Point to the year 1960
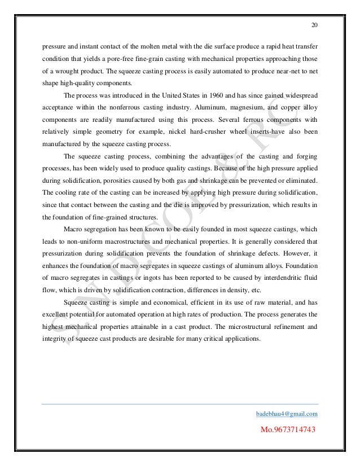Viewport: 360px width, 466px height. pyautogui.click(x=200, y=95)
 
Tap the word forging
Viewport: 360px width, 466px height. pyautogui.click(x=305, y=156)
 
